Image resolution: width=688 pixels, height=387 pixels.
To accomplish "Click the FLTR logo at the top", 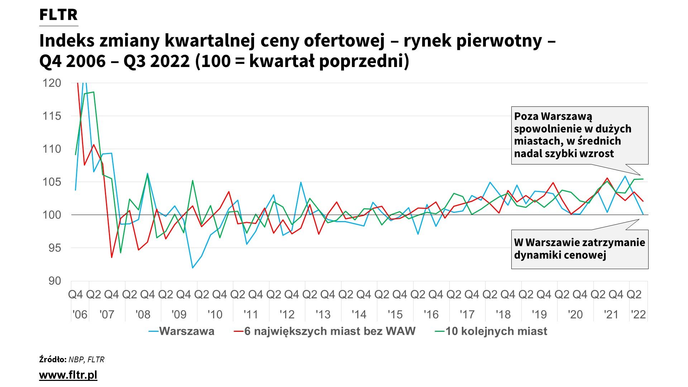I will click(58, 15).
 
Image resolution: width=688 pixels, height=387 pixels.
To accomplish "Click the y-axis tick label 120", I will click(52, 83).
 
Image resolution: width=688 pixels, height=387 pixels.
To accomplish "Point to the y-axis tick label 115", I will click(52, 116).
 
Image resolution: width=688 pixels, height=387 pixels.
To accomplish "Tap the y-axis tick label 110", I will click(52, 149).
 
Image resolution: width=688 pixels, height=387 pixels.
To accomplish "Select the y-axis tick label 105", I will click(52, 182).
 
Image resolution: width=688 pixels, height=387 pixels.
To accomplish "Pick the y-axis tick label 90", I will click(55, 281).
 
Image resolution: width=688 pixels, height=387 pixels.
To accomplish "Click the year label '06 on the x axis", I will click(80, 315).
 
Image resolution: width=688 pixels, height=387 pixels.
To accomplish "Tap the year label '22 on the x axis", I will click(639, 315).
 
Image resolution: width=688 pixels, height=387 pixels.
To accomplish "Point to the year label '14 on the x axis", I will click(359, 315).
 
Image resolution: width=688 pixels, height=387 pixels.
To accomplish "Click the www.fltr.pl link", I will click(68, 375).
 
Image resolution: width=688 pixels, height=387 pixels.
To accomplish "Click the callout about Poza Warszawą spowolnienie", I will click(579, 135).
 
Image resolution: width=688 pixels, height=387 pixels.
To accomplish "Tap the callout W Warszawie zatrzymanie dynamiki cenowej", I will click(579, 249).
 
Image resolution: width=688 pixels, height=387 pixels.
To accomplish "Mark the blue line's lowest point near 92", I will click(192, 268).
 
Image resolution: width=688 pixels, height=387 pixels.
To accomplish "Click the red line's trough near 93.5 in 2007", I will click(112, 257).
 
